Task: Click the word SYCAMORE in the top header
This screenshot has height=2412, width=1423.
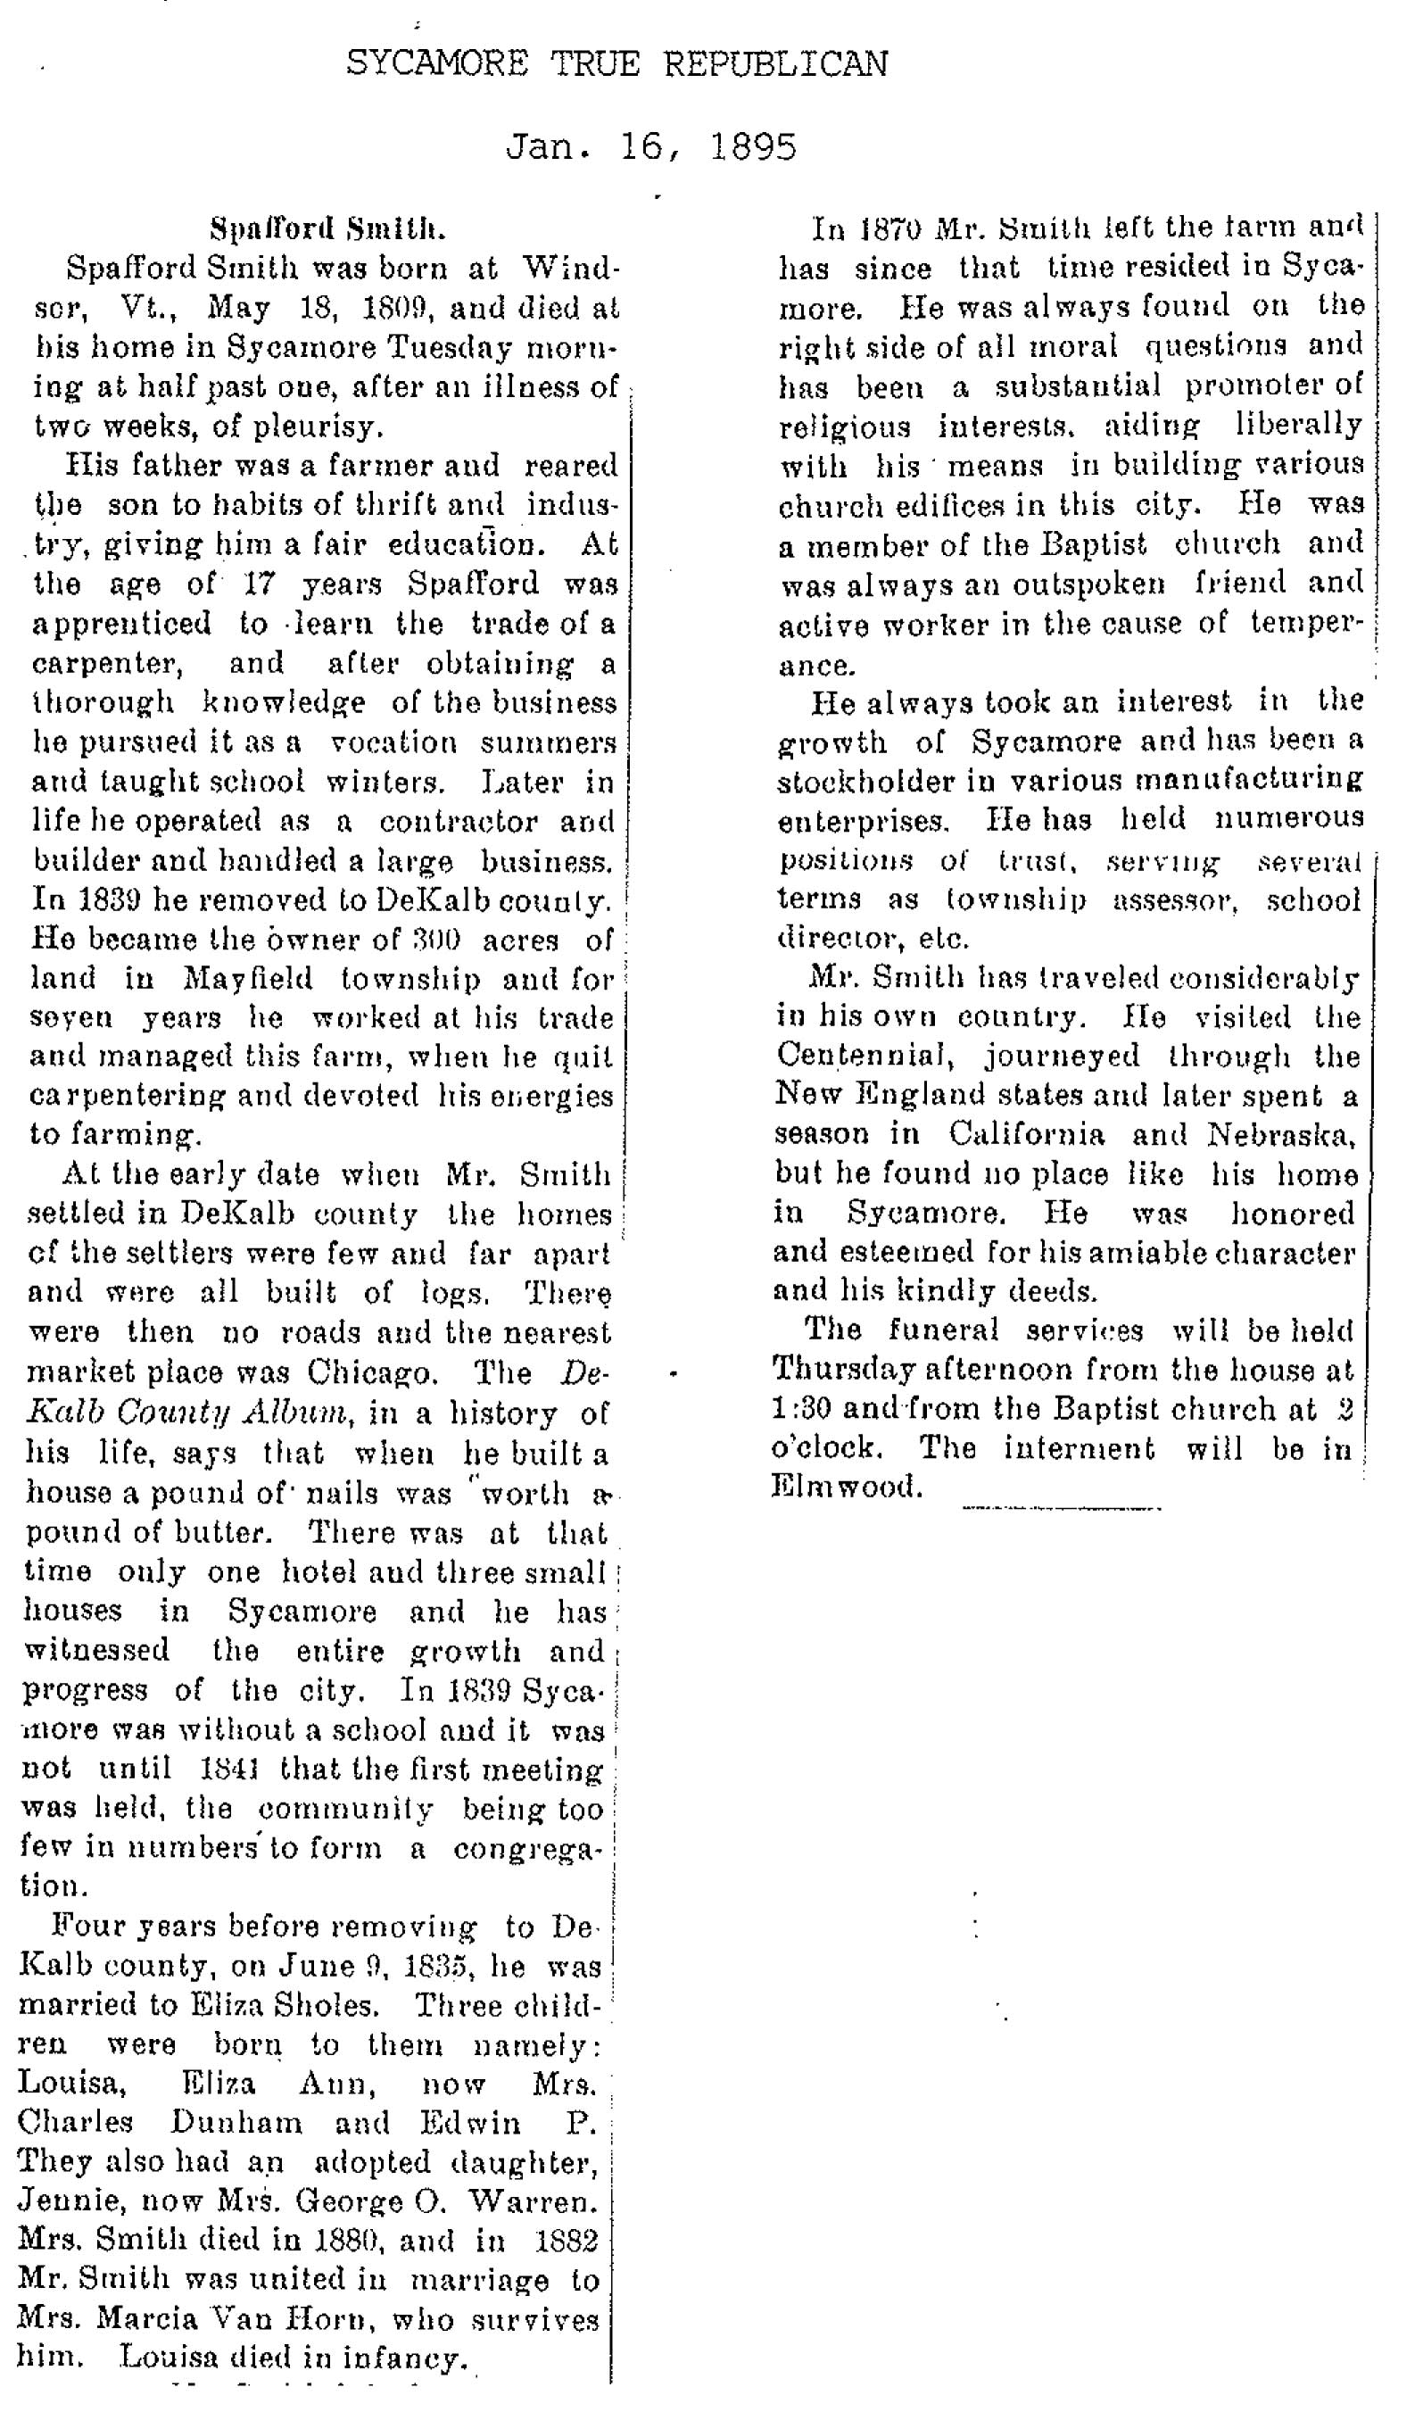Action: [x=436, y=63]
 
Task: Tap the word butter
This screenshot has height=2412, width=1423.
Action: [x=222, y=1531]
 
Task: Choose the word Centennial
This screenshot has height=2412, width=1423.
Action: [x=864, y=1056]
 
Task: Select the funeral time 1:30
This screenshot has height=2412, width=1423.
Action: [x=798, y=1409]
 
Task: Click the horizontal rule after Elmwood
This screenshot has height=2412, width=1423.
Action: [x=1062, y=1509]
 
